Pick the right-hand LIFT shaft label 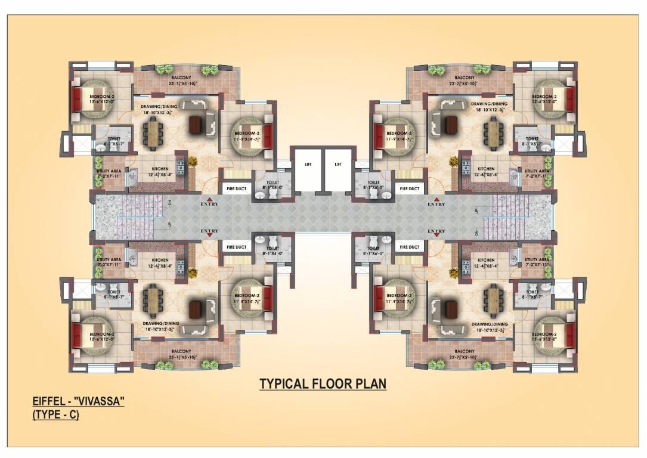point(339,163)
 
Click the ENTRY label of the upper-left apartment point(209,205)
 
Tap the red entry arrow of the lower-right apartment point(437,236)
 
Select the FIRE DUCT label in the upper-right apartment point(410,189)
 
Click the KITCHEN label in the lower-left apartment point(160,260)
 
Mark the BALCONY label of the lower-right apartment point(465,351)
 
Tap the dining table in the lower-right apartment point(493,302)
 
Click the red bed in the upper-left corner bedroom point(78,98)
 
